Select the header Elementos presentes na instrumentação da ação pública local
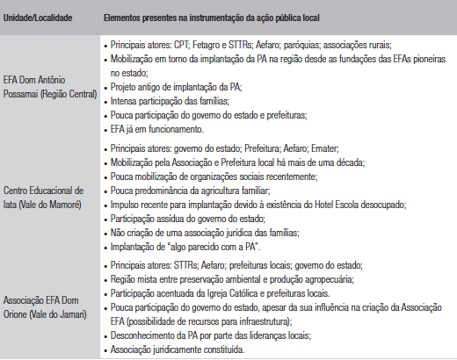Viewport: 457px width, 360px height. [207, 18]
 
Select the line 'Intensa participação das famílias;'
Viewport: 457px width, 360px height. [168, 100]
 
